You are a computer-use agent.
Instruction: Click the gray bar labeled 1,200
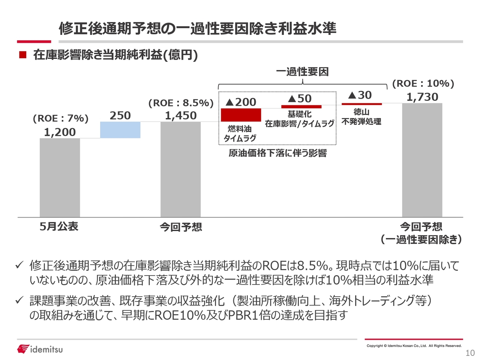(x=60, y=177)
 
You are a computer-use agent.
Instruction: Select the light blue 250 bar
(x=120, y=130)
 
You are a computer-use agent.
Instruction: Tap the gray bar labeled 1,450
(x=180, y=169)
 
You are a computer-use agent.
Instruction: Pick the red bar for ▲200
(x=241, y=115)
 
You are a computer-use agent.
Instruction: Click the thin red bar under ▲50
(x=301, y=107)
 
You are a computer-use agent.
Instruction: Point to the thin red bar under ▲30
(x=361, y=104)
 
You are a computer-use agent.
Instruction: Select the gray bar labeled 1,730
(x=422, y=160)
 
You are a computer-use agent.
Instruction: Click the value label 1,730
(x=422, y=97)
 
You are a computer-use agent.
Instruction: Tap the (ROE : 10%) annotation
(x=423, y=84)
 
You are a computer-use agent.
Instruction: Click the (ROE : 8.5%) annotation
(x=181, y=103)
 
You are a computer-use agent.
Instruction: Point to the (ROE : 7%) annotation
(x=60, y=118)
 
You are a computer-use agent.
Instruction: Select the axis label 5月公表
(x=59, y=226)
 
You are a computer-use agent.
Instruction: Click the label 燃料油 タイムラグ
(x=240, y=133)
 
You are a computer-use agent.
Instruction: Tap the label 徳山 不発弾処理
(x=361, y=117)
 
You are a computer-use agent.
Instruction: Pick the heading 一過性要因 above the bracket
(x=302, y=71)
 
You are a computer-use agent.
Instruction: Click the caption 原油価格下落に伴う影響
(x=277, y=153)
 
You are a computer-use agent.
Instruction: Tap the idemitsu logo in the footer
(x=40, y=349)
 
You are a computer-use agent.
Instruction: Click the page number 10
(x=470, y=353)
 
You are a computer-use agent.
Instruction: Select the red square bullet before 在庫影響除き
(x=23, y=55)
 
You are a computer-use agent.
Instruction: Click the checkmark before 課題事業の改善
(x=20, y=301)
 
